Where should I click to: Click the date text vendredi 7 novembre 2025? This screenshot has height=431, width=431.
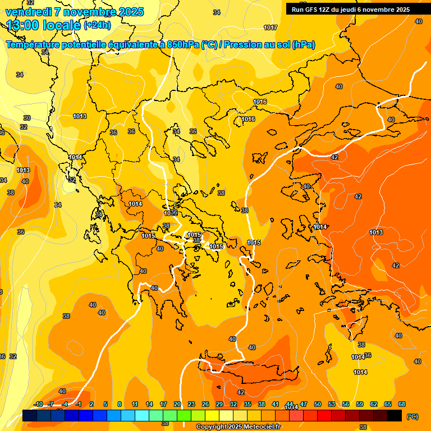click(x=75, y=12)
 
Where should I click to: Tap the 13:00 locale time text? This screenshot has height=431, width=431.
click(x=43, y=25)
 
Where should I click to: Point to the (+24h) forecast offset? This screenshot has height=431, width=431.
click(x=97, y=25)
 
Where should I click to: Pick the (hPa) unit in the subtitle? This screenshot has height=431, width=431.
click(x=303, y=45)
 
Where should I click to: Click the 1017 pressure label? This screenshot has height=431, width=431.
click(x=270, y=27)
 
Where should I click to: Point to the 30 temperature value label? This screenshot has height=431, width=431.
click(x=27, y=118)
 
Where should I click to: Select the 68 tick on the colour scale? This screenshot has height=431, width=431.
click(x=402, y=404)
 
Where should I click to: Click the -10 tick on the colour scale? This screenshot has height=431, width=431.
click(x=38, y=404)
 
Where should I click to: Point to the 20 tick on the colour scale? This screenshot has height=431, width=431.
click(x=177, y=404)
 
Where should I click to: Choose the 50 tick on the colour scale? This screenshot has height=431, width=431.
click(x=318, y=404)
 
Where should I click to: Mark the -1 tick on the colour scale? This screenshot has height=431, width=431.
click(x=79, y=404)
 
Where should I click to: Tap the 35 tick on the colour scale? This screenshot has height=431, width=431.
click(x=247, y=404)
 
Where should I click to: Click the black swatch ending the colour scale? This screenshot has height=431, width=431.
click(x=395, y=415)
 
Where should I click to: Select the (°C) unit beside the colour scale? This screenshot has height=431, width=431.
click(x=412, y=416)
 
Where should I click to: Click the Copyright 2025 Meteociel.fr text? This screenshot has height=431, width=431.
click(x=238, y=427)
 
